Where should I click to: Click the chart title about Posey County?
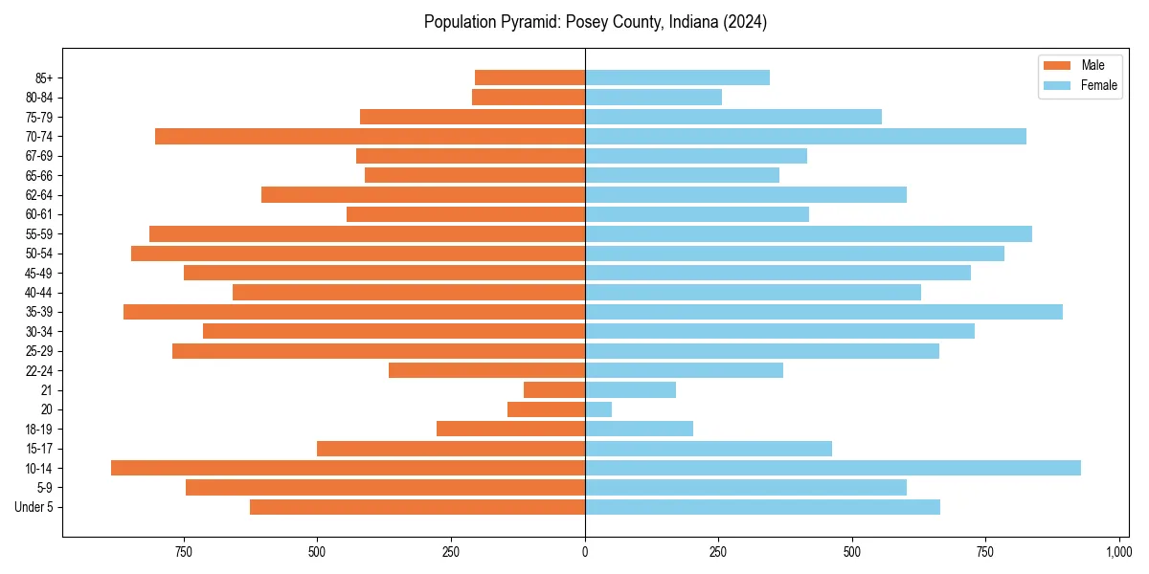click(595, 22)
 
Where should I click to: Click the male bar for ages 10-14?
click(348, 468)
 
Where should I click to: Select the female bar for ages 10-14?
click(832, 468)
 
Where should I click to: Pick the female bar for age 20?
click(598, 409)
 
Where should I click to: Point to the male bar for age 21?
click(554, 390)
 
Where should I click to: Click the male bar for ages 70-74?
click(370, 137)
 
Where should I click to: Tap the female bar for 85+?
click(677, 77)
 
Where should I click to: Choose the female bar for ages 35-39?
click(823, 312)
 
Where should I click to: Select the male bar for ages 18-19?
click(510, 429)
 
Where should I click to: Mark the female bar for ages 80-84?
click(653, 98)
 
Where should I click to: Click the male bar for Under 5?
click(417, 507)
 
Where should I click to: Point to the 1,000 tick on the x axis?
click(1118, 552)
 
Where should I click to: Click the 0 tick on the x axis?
click(585, 552)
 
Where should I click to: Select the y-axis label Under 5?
click(34, 507)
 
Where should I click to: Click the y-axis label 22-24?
click(38, 370)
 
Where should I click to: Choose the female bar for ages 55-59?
click(808, 234)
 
